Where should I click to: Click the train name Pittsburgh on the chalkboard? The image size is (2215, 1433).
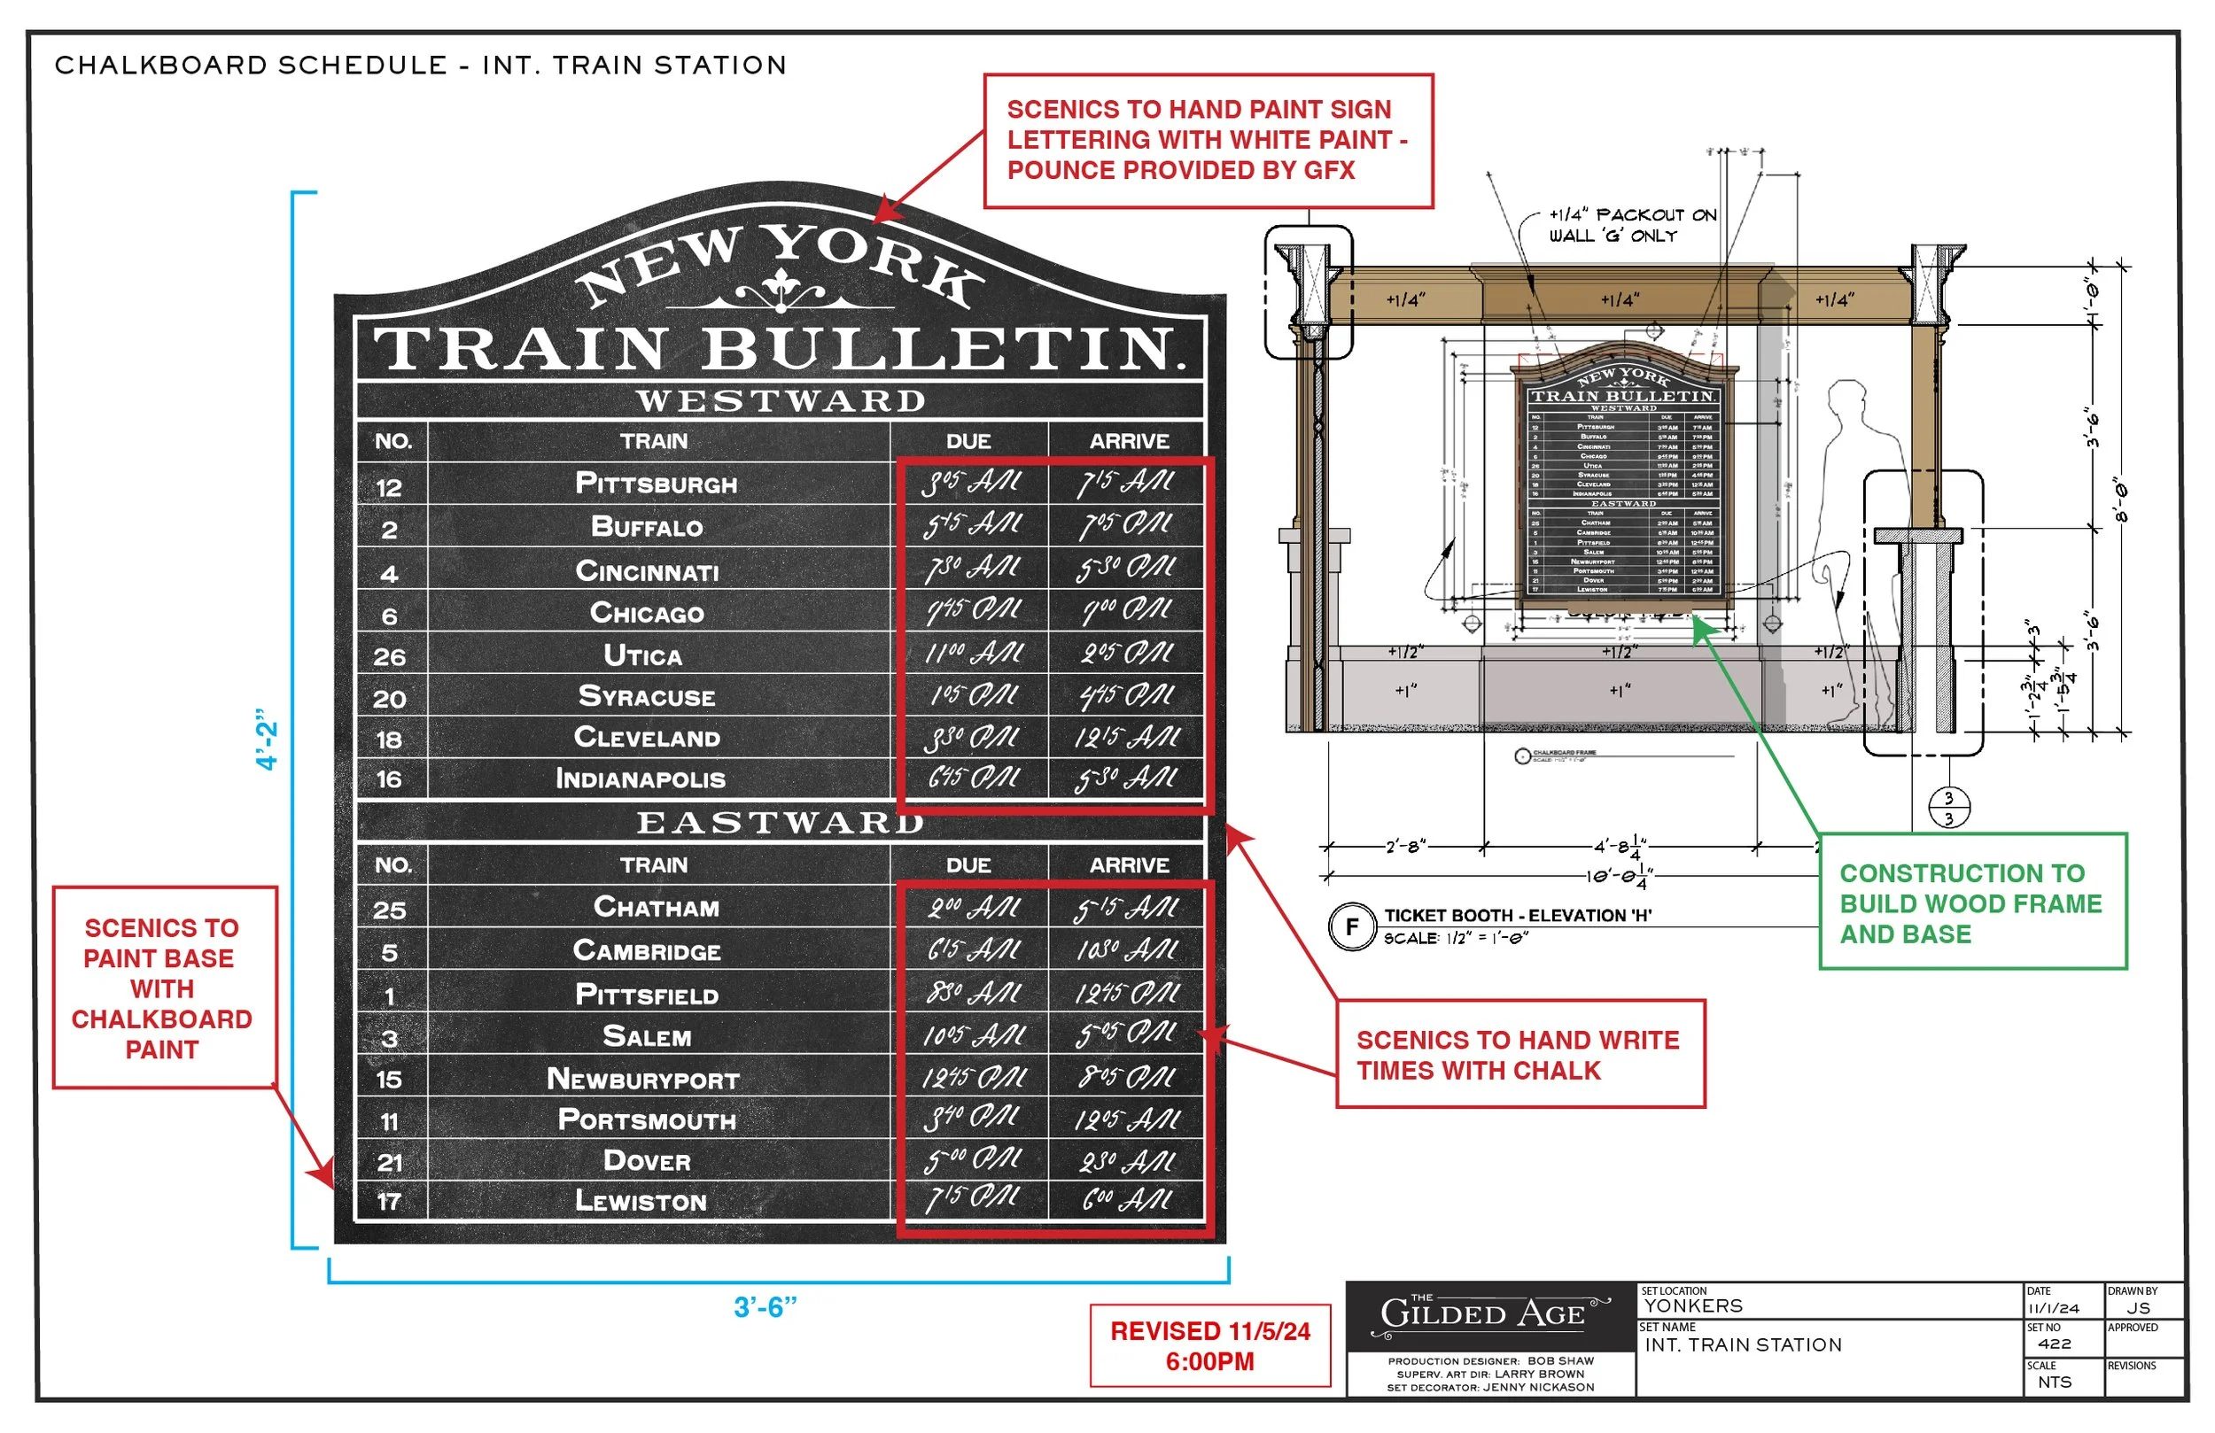click(x=657, y=484)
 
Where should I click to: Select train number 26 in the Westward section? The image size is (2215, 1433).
click(x=389, y=657)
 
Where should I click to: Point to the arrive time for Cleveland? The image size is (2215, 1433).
click(x=1127, y=739)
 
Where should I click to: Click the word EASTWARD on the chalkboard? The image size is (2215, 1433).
click(x=780, y=823)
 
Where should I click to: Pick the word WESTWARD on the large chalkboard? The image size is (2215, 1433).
click(x=780, y=401)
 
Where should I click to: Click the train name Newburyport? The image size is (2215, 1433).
click(x=643, y=1080)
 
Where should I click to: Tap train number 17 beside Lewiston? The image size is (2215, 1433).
click(x=389, y=1202)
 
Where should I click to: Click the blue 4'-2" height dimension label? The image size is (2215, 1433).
click(x=267, y=740)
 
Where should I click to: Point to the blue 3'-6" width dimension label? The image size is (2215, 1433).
click(x=765, y=1307)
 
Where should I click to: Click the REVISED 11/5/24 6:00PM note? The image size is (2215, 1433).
click(x=1210, y=1345)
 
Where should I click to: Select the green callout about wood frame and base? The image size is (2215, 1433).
click(x=1972, y=902)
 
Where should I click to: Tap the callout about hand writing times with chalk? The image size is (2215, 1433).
click(x=1519, y=1054)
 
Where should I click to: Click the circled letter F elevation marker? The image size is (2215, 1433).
click(x=1351, y=926)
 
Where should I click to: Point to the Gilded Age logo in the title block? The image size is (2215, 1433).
click(x=1489, y=1314)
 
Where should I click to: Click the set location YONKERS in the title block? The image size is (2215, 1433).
click(x=1694, y=1306)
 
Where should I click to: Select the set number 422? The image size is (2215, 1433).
click(x=2054, y=1344)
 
